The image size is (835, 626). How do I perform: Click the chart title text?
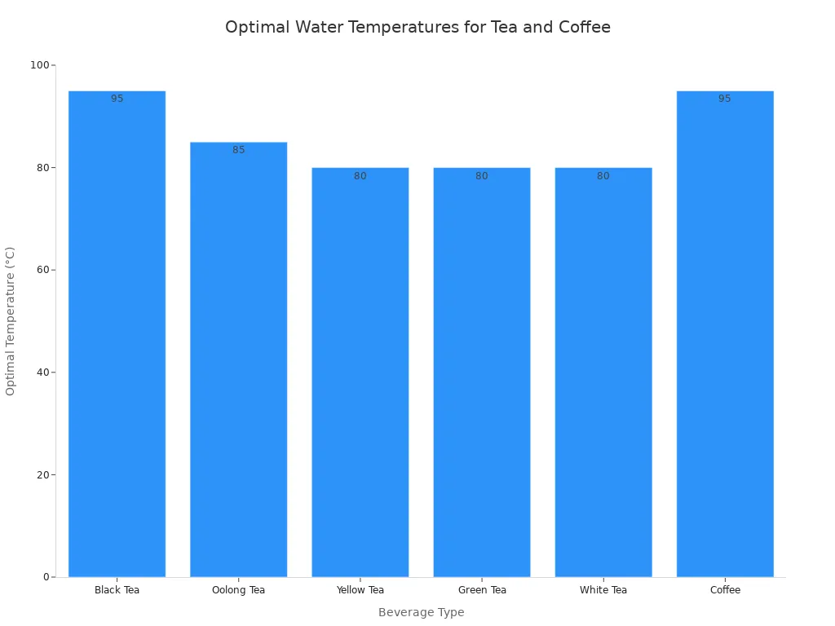click(x=417, y=27)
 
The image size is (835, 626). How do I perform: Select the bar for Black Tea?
click(x=117, y=334)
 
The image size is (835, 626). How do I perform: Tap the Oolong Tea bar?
click(x=238, y=359)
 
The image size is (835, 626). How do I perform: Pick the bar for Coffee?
click(x=725, y=334)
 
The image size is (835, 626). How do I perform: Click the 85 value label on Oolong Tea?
click(x=238, y=150)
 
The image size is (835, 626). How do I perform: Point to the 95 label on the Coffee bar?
click(x=725, y=99)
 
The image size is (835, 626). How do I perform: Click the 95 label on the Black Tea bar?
click(x=117, y=99)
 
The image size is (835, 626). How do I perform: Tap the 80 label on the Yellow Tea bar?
click(x=360, y=176)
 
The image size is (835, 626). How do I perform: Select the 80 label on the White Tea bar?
click(x=603, y=176)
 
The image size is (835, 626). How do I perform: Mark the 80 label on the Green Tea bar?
click(x=482, y=176)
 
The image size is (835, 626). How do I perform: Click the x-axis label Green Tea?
click(x=482, y=590)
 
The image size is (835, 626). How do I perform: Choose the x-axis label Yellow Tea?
click(x=360, y=590)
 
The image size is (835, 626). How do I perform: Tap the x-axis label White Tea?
click(x=603, y=590)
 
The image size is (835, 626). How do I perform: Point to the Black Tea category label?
click(x=117, y=590)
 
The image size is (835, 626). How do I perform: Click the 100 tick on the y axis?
click(x=38, y=65)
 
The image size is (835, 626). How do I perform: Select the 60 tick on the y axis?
click(x=42, y=270)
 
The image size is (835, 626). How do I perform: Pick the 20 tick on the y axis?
click(x=42, y=474)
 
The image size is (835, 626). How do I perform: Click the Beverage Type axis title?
click(x=421, y=612)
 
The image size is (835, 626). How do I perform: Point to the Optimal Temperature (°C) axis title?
click(x=11, y=321)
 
